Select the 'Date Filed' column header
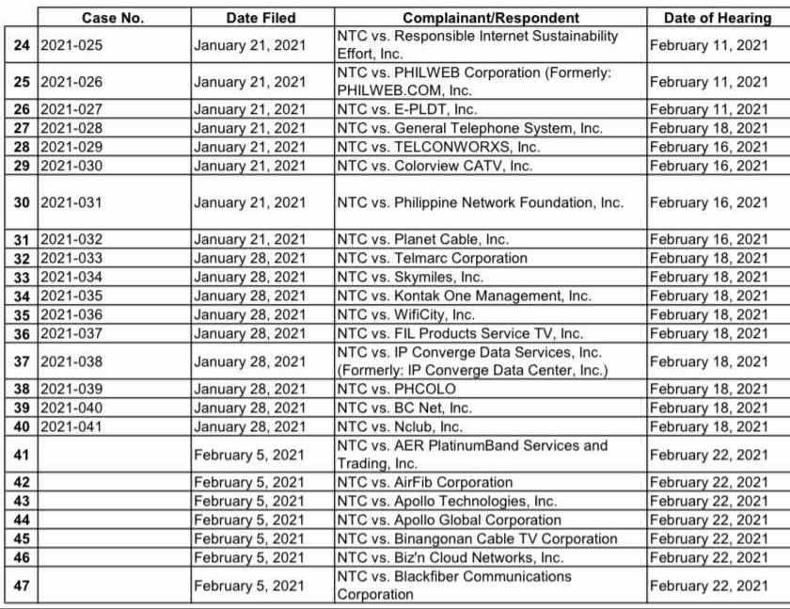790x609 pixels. point(261,18)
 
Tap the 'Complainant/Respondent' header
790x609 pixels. point(490,18)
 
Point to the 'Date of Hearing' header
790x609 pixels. point(716,18)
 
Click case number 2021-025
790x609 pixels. point(71,45)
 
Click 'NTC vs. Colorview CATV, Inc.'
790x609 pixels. point(434,166)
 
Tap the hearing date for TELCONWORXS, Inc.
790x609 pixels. point(708,147)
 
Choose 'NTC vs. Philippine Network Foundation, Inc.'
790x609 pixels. point(480,202)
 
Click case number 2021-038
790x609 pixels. point(71,361)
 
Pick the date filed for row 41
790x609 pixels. point(249,455)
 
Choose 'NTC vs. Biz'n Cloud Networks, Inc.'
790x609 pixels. point(450,557)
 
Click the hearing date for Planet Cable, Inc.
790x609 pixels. point(708,239)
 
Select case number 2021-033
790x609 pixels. point(71,258)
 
